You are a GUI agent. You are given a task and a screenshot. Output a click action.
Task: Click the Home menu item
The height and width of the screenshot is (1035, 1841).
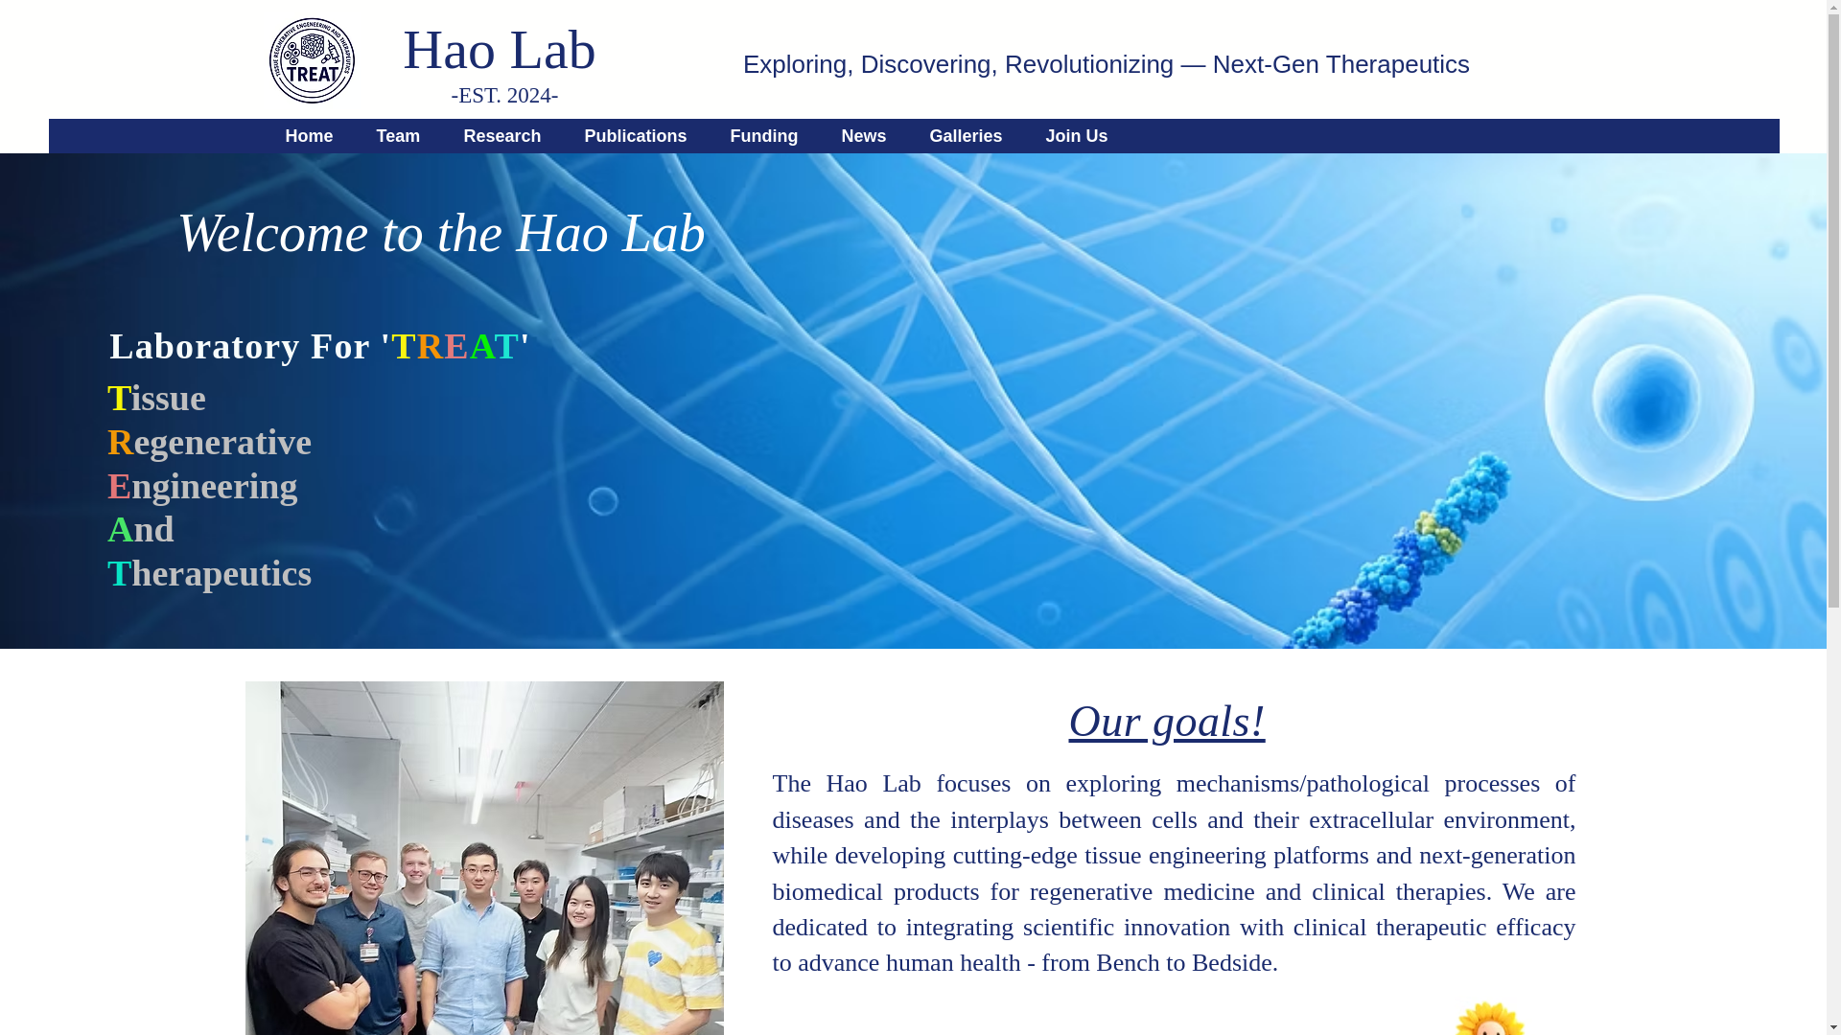click(309, 136)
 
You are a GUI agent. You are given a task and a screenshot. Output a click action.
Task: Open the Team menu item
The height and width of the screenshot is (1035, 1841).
click(398, 136)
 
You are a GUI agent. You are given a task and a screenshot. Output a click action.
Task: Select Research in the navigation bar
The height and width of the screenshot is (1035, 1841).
click(501, 136)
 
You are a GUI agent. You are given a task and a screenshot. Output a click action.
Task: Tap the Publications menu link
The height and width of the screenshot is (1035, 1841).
click(635, 136)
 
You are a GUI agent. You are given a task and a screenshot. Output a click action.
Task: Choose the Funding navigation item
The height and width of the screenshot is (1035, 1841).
click(763, 136)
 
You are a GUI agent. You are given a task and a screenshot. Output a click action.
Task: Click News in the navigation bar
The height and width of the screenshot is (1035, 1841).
click(863, 136)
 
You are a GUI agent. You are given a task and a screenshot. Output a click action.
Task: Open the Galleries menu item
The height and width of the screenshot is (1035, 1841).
click(965, 136)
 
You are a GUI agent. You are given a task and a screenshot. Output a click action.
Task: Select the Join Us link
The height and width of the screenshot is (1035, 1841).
click(1076, 136)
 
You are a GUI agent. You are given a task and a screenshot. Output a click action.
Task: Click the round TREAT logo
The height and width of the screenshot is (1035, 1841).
click(312, 60)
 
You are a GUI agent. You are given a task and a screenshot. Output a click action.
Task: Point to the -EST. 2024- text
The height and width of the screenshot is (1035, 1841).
click(504, 96)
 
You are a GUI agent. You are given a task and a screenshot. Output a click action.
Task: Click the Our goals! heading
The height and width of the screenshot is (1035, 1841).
click(1166, 722)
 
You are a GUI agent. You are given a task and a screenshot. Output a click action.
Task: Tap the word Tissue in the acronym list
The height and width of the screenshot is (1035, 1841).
click(157, 399)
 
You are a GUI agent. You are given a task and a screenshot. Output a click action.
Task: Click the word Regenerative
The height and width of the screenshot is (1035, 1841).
click(210, 443)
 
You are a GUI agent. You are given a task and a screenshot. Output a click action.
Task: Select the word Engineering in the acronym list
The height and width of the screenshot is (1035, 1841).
click(203, 487)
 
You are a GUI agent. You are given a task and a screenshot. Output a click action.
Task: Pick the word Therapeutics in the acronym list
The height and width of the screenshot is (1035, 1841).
click(210, 574)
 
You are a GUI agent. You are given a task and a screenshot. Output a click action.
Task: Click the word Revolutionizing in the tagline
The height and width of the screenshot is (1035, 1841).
click(1088, 64)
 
